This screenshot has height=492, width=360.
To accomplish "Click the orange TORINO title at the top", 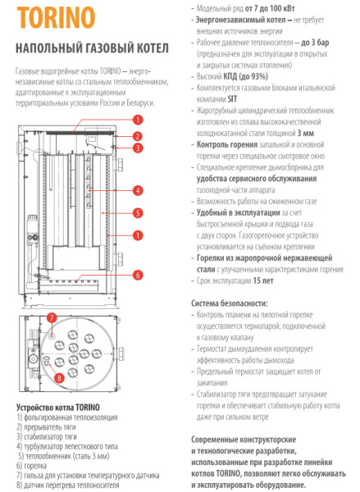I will pos(54,17).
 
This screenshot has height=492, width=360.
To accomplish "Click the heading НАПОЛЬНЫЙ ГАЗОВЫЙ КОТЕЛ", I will pos(91,48).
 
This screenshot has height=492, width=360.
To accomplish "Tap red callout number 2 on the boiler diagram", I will pos(138,135).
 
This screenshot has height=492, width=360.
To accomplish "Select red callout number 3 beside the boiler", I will pos(138,148).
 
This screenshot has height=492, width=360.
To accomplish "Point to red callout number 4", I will pos(138,190).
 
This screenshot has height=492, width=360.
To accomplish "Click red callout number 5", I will pos(138,212).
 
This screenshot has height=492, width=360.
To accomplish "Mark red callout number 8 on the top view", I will pos(59,377).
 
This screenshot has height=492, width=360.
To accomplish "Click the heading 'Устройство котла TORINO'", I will pos(58,408).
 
